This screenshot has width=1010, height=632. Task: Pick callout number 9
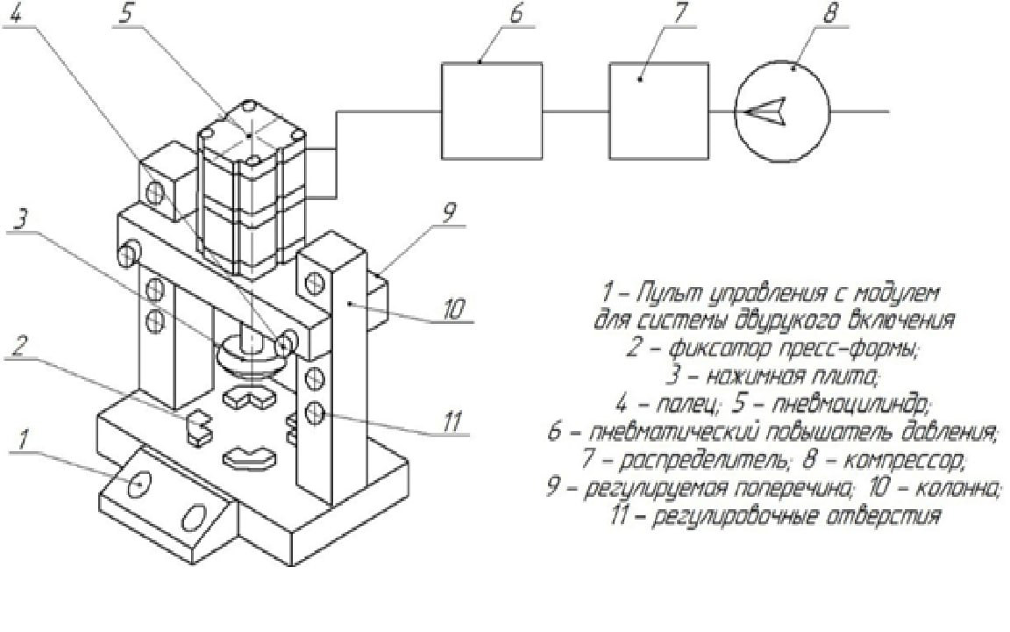pos(448,214)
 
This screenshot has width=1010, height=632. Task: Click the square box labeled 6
pos(491,110)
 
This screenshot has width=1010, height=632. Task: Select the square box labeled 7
pos(658,110)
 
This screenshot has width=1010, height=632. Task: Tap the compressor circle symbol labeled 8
pos(781,111)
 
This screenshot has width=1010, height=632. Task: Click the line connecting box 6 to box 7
pos(575,111)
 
